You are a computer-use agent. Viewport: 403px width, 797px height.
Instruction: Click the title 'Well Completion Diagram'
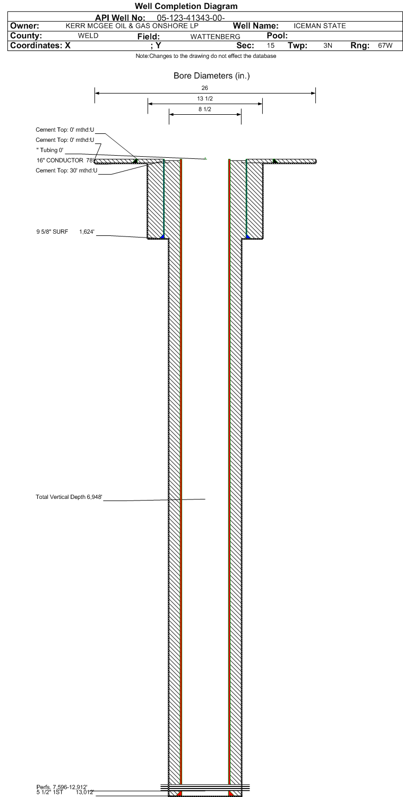tap(186, 6)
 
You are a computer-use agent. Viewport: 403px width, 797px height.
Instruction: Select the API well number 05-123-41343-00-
tap(191, 18)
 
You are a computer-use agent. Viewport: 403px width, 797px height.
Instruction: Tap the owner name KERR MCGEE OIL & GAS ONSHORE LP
tap(132, 26)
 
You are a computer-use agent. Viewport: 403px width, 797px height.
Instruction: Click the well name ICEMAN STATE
tap(320, 26)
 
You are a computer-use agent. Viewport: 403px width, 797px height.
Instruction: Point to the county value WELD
tap(88, 36)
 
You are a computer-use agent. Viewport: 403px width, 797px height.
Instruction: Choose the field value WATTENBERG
tap(215, 37)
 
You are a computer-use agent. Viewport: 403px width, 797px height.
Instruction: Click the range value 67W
tap(385, 46)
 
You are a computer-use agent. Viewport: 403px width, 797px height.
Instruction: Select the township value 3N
tap(328, 46)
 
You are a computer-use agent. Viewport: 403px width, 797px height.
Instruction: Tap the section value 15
tap(271, 46)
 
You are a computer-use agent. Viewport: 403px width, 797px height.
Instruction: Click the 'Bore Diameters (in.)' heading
tap(212, 75)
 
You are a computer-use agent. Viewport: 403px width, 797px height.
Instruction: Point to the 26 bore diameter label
tap(204, 88)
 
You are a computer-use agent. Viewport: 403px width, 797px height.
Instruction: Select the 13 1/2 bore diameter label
tap(205, 98)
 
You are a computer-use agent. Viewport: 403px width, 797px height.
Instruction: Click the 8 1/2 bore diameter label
tap(205, 109)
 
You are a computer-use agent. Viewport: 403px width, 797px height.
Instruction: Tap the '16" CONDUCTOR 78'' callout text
tap(65, 160)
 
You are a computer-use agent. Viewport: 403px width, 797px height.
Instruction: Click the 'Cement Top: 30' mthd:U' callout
tap(66, 171)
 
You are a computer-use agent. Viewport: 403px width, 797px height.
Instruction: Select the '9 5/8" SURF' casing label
tap(52, 232)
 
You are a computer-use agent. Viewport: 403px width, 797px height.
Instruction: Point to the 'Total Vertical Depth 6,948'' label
tap(69, 497)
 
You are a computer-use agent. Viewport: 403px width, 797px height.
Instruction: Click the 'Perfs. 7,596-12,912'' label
tap(62, 787)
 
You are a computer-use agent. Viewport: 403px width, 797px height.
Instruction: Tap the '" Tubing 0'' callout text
tap(50, 150)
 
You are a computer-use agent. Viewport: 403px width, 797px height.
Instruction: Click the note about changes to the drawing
tap(206, 56)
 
